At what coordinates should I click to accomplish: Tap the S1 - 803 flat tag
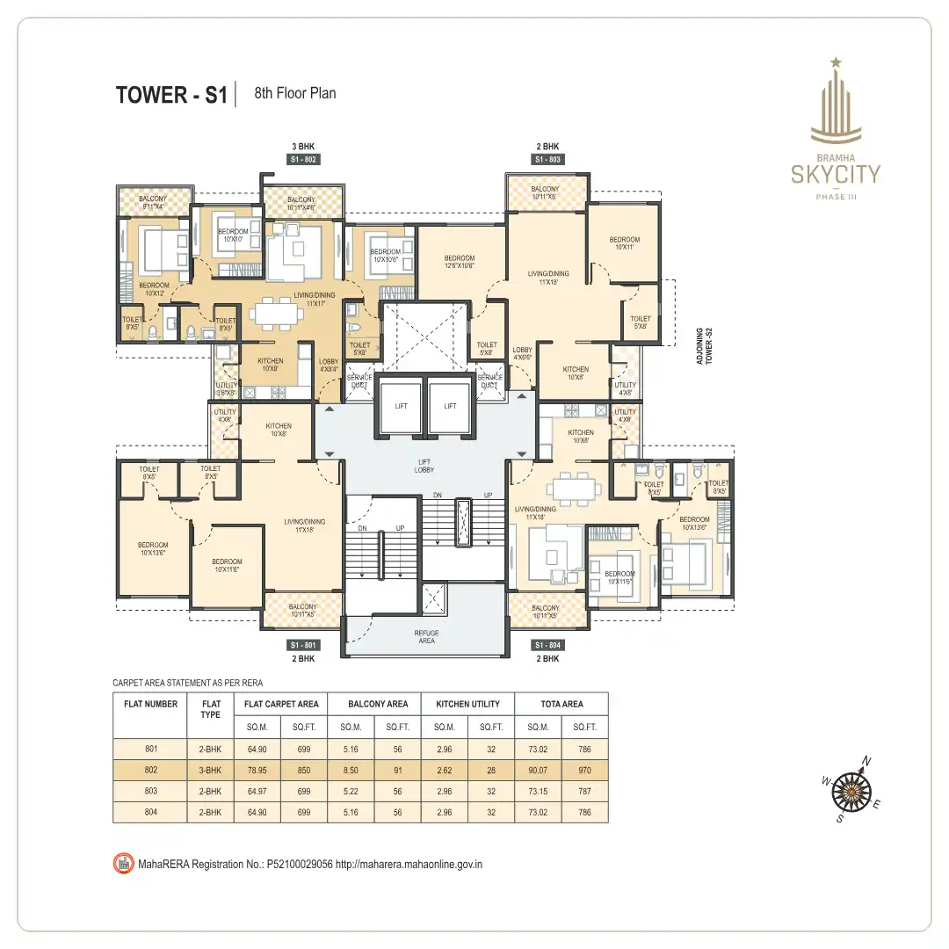[x=547, y=160]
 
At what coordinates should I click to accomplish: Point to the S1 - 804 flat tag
[x=547, y=646]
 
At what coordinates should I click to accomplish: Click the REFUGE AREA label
[x=426, y=637]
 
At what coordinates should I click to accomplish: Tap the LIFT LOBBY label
[x=425, y=466]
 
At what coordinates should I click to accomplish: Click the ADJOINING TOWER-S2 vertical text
[x=704, y=345]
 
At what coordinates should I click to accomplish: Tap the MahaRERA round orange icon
[x=123, y=864]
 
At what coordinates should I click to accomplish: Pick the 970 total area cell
[x=585, y=771]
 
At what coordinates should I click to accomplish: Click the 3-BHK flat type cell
[x=211, y=771]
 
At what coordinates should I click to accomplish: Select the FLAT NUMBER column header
[x=150, y=704]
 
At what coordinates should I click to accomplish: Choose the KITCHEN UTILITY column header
[x=467, y=704]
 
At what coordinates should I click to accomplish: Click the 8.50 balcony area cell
[x=351, y=771]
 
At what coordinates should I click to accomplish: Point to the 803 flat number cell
[x=150, y=792]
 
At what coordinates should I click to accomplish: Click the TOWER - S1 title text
[x=171, y=95]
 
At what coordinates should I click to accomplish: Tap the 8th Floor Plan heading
[x=294, y=93]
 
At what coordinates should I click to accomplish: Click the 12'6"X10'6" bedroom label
[x=459, y=262]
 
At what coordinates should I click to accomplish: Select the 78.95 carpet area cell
[x=257, y=771]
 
